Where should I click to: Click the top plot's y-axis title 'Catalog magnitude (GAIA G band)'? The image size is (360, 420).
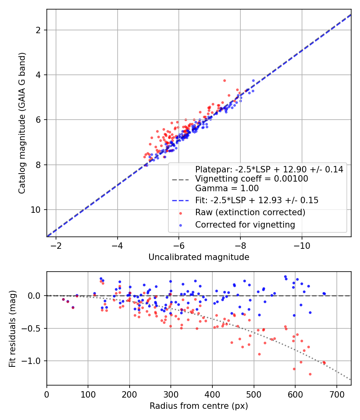[24, 123]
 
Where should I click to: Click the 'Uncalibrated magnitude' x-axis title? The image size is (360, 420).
[199, 257]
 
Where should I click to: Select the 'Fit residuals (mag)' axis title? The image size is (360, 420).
[12, 328]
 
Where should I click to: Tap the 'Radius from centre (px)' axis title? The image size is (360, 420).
[199, 406]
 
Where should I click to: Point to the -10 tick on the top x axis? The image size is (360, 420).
[302, 245]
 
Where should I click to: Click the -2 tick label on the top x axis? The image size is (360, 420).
[56, 245]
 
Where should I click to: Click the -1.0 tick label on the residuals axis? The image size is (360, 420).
[35, 361]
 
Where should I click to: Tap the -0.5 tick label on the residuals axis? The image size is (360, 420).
[35, 328]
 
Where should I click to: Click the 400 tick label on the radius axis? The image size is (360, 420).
[212, 394]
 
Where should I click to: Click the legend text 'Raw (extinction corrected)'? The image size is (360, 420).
[250, 212]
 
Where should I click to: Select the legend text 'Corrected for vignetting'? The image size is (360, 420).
[245, 225]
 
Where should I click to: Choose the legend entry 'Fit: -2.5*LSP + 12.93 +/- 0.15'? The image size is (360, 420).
[256, 200]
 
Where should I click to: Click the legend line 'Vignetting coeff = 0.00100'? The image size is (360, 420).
[252, 179]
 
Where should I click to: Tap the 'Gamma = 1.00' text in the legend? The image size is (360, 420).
[227, 188]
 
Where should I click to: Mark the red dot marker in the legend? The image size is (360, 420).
[180, 212]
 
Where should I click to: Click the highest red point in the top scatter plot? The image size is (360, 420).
[224, 80]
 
